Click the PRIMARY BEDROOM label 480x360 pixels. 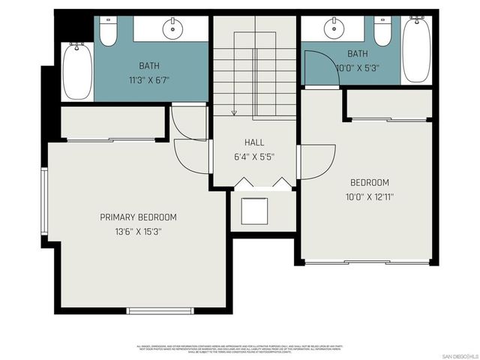pos(138,217)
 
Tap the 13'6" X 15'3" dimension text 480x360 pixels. pos(138,232)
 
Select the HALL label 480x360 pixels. pos(254,142)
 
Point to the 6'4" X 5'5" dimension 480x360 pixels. pos(254,157)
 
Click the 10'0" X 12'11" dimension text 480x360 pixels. pos(370,197)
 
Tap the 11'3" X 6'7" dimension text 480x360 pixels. pos(154,80)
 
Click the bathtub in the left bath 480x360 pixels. pos(76,71)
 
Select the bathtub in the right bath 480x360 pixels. pos(415,49)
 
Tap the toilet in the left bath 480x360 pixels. pos(109,32)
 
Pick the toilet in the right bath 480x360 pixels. pos(382,31)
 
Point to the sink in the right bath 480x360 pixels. pos(334,29)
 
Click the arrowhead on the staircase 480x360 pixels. pos(234,113)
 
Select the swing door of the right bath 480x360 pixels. pos(314,63)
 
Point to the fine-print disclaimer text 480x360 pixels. pos(239,349)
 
